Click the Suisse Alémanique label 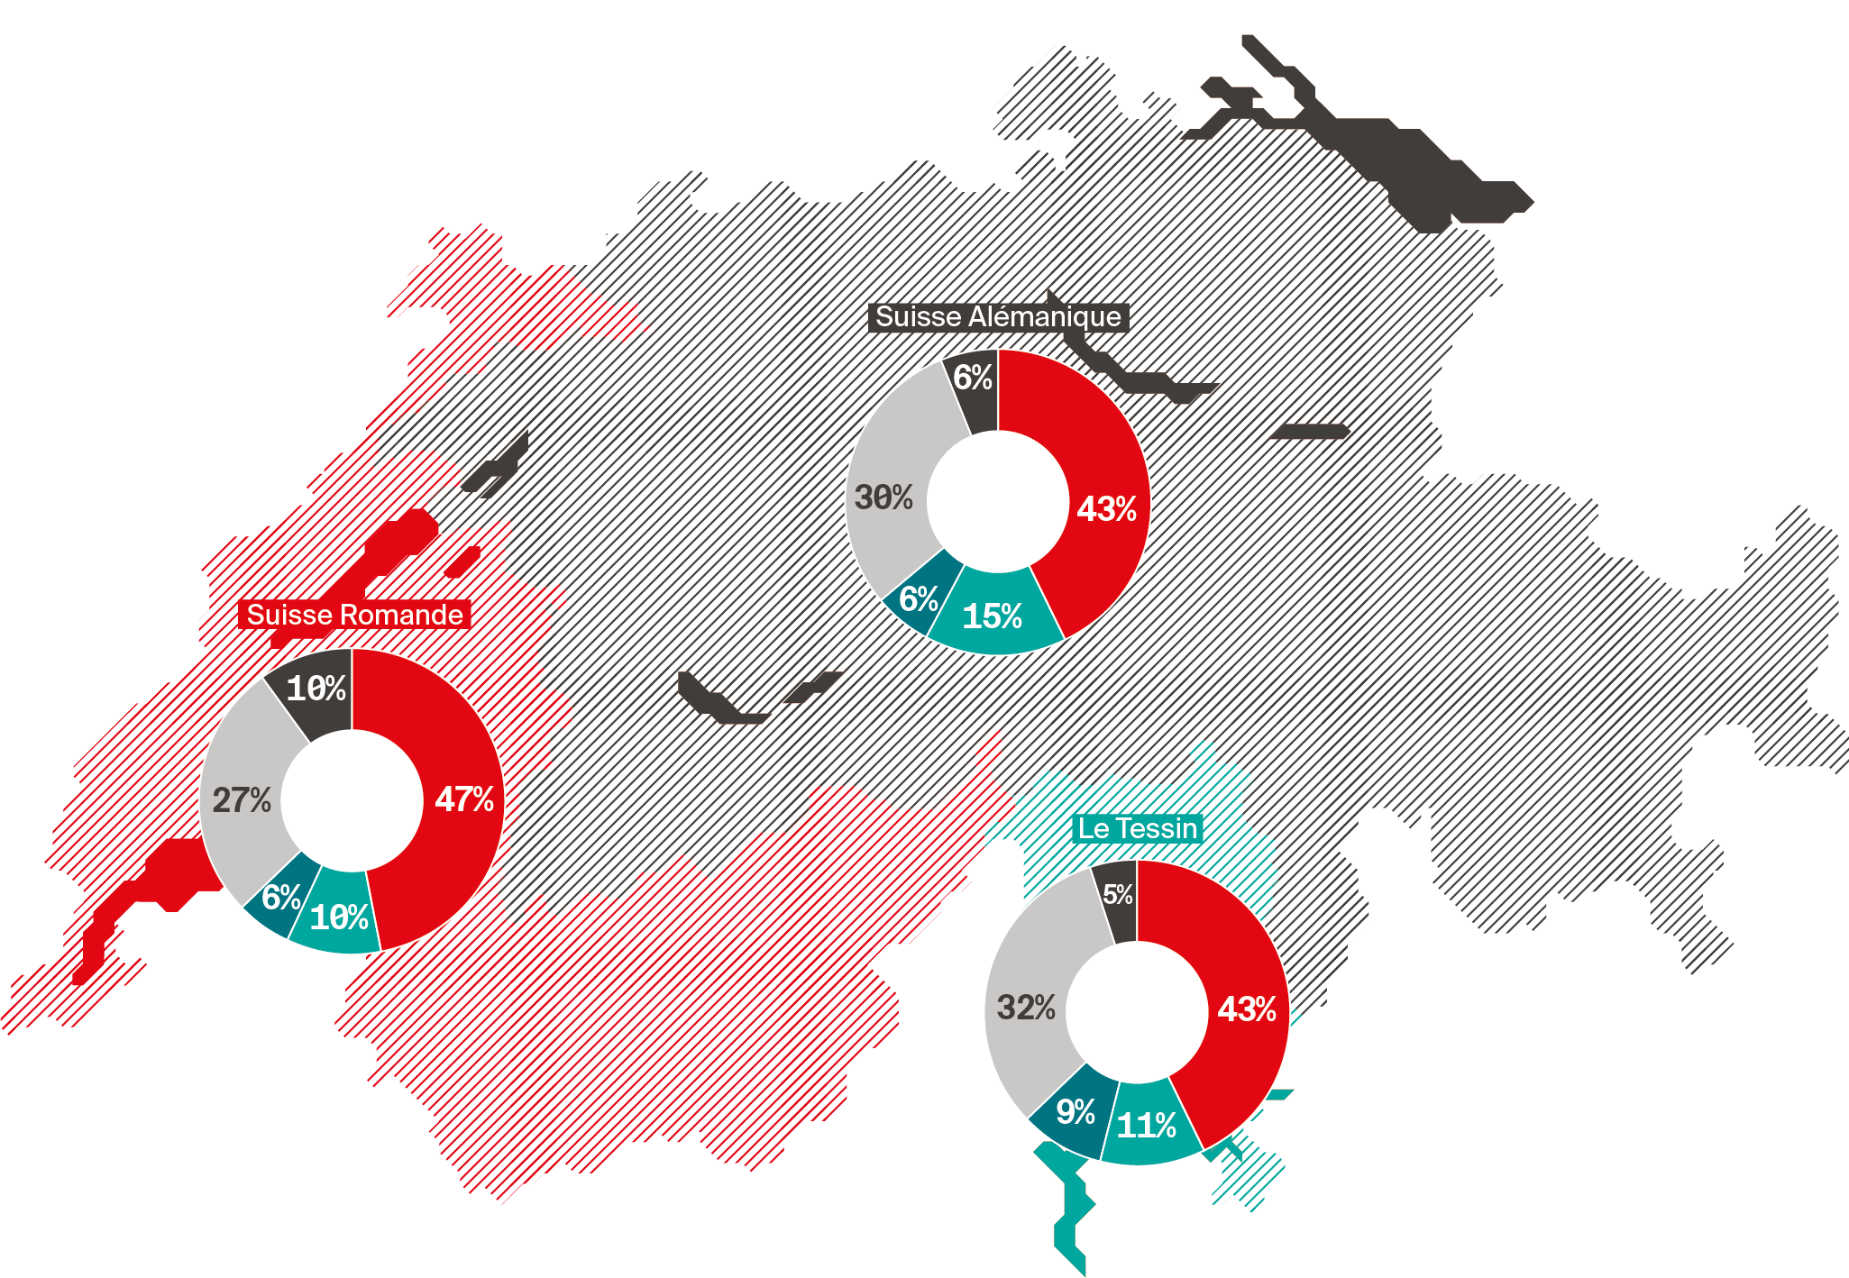point(998,317)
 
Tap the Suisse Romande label point(354,615)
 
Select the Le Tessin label point(1138,828)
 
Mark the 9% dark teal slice point(1076,1111)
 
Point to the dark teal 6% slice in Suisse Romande point(280,897)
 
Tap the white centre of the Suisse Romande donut point(352,800)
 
